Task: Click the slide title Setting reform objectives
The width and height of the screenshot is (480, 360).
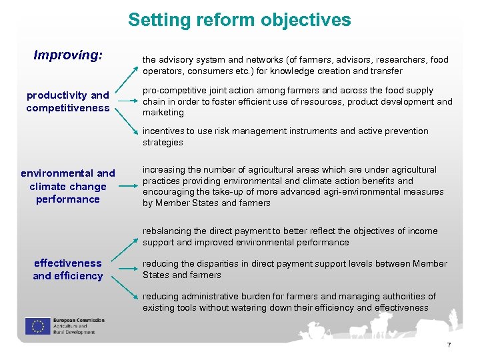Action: point(239,20)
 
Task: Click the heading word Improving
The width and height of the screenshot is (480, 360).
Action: point(68,55)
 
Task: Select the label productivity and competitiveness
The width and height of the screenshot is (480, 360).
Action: point(68,101)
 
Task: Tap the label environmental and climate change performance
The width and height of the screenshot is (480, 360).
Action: point(68,186)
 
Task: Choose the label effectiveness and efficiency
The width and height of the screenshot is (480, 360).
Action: point(68,269)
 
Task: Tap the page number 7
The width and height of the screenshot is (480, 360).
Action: point(449,345)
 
